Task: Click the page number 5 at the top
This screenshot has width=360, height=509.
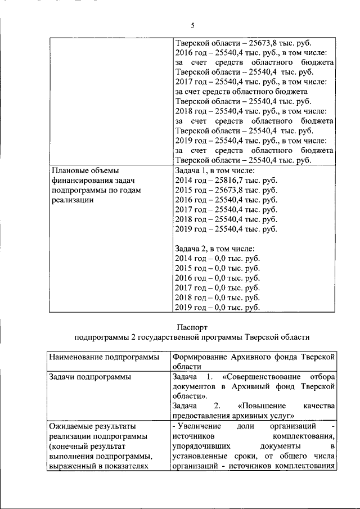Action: click(x=192, y=26)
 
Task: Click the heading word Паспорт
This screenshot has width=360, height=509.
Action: click(x=192, y=326)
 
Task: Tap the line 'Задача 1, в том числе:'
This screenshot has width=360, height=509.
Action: click(x=215, y=170)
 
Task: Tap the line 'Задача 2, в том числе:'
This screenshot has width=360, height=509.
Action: click(x=215, y=249)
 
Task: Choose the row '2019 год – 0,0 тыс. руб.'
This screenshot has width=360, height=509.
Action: click(x=217, y=308)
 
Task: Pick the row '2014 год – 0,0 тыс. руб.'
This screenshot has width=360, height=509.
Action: click(x=217, y=259)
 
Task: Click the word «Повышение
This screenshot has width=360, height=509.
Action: click(x=262, y=406)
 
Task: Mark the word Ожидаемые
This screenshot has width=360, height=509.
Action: click(x=71, y=426)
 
